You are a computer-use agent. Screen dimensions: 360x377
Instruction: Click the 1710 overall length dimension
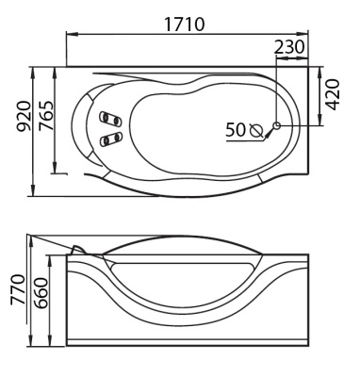(185, 25)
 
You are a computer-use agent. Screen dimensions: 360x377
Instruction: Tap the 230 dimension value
(289, 47)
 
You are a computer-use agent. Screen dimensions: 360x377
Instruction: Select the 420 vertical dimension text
(333, 94)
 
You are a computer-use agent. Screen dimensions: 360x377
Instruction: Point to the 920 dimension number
(24, 116)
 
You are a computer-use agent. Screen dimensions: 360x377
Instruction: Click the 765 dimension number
(45, 116)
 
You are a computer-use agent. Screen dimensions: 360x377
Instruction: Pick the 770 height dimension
(17, 289)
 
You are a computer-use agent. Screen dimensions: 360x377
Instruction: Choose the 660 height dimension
(41, 293)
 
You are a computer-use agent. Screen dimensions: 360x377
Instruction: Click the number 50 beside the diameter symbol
(236, 130)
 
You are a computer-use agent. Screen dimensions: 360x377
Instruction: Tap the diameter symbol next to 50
(256, 130)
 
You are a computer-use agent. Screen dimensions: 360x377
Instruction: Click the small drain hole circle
(277, 125)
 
